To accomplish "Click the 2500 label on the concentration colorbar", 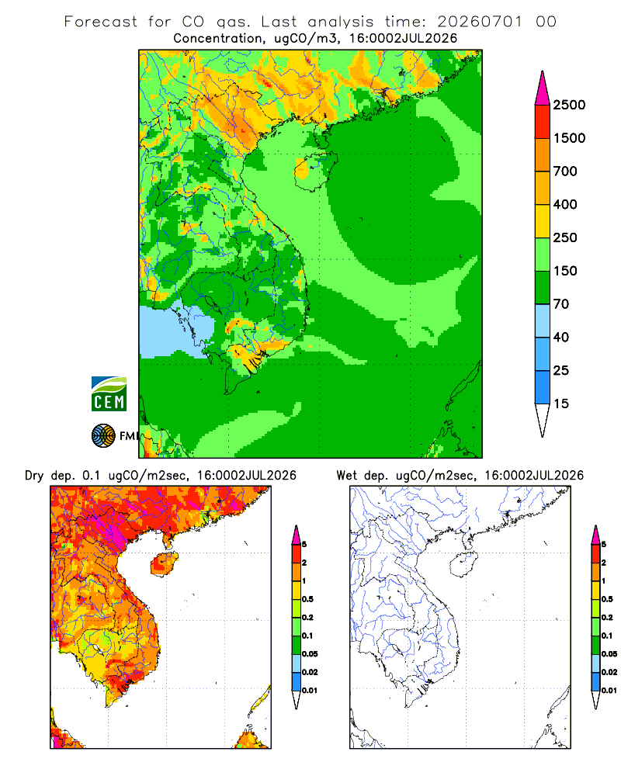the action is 569,105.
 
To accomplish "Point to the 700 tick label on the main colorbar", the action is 565,171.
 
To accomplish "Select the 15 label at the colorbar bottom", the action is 561,404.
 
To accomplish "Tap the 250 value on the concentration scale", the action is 565,237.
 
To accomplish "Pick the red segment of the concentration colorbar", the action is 543,122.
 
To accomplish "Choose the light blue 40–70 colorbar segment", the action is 543,320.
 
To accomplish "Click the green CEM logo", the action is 109,394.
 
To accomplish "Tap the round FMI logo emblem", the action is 103,436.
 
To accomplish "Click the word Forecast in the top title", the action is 101,22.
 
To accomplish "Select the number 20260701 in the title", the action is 480,22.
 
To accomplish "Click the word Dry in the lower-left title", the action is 34,476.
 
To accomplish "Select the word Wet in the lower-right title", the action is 346,476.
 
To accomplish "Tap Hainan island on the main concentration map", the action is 315,171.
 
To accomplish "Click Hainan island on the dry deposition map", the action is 164,565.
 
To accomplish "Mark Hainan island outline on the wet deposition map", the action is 463,565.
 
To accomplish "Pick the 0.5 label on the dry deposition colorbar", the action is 307,599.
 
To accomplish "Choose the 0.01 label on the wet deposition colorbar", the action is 609,691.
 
